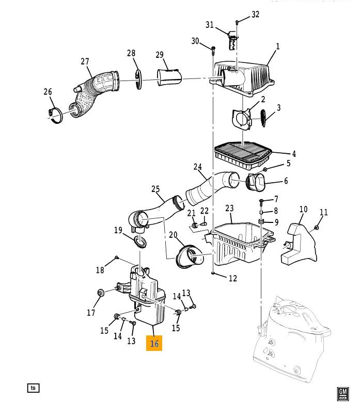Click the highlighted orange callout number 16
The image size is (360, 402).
point(154,343)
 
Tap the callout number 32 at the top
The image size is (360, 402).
point(255,14)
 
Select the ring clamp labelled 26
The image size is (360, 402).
point(55,116)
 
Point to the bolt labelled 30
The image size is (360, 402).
point(213,51)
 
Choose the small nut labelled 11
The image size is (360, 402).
point(317,228)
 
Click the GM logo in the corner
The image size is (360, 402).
point(343,394)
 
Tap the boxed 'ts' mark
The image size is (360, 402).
point(34,388)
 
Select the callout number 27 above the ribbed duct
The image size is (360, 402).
point(85,61)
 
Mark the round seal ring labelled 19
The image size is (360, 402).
point(140,243)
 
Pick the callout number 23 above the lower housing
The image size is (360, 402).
point(229,208)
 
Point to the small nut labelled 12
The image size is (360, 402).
point(213,274)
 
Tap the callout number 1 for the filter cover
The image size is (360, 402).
point(278,46)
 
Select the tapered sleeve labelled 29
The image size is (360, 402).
point(169,77)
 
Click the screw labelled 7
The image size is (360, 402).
point(261,202)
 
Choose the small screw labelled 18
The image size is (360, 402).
point(117,257)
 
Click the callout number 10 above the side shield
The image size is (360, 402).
point(304,209)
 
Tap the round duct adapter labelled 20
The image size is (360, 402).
point(190,256)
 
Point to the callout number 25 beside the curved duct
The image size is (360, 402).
point(155,189)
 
